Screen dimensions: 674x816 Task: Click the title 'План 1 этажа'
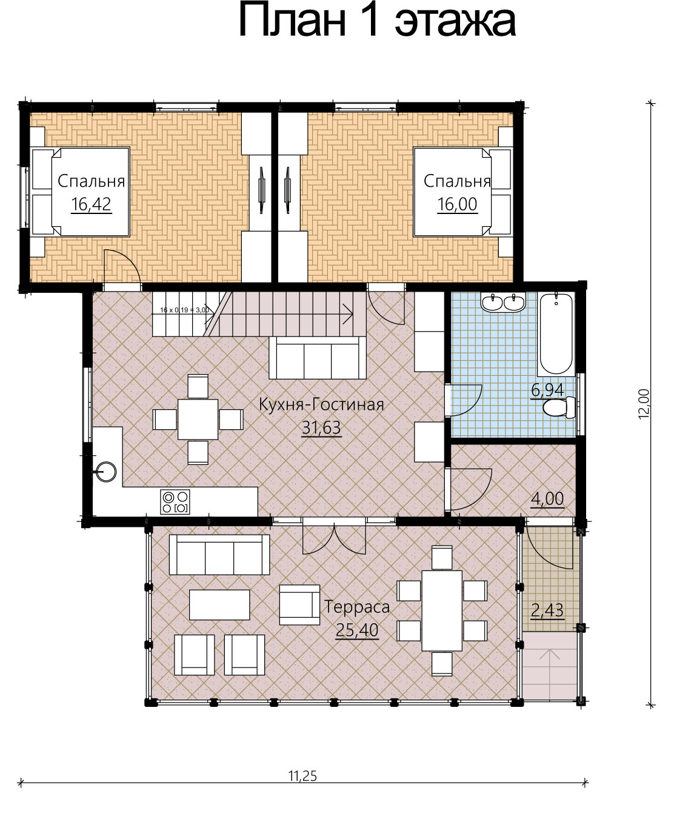[x=377, y=21]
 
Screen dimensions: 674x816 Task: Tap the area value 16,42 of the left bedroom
[x=92, y=204]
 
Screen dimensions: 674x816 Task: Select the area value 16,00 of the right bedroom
[x=457, y=204]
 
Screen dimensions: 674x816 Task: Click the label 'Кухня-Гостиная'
[x=322, y=404]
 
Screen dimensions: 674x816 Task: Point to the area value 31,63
[x=322, y=427]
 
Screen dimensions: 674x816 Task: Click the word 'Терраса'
[x=357, y=607]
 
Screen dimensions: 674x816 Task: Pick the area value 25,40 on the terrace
[x=357, y=630]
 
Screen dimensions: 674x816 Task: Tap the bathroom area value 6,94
[x=547, y=390]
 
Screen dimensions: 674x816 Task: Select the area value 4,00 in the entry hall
[x=547, y=498]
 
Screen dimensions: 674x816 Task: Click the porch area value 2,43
[x=547, y=610]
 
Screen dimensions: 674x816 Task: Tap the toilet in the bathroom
[x=559, y=407]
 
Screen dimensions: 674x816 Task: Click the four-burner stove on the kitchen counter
[x=175, y=502]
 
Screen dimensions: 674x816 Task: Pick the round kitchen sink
[x=105, y=471]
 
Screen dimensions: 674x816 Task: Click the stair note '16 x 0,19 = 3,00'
[x=185, y=310]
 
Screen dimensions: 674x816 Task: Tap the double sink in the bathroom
[x=503, y=303]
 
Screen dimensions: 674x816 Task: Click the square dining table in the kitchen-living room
[x=198, y=420]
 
